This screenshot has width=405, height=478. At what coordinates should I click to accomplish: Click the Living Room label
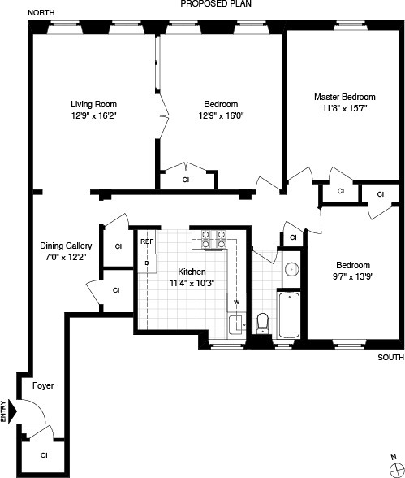click(x=93, y=104)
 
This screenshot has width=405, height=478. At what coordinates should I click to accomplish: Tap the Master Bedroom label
click(x=345, y=97)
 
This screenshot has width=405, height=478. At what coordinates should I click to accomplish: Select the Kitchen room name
click(x=187, y=272)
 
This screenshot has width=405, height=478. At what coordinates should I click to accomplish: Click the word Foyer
click(x=42, y=385)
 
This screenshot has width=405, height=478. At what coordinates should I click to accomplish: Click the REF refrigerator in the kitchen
click(x=147, y=242)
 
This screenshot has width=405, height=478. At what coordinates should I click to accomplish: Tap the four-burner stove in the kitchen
click(x=212, y=240)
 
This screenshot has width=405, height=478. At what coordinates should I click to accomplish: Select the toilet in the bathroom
click(x=262, y=323)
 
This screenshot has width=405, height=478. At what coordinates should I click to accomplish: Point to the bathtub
click(x=289, y=317)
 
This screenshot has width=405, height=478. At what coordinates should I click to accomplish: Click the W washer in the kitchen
click(x=236, y=302)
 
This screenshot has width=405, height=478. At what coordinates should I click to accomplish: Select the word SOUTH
click(x=390, y=358)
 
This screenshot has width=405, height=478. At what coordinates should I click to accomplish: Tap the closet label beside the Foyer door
click(x=44, y=455)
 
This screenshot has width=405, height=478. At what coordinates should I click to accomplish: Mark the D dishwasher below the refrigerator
click(x=147, y=263)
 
